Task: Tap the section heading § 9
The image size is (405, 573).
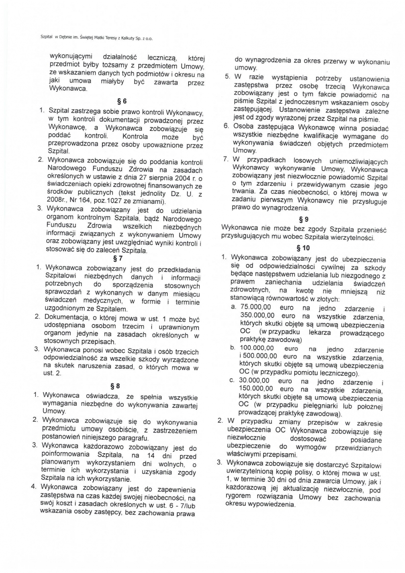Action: [302, 220]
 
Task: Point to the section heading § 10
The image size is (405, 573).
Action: [303, 248]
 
